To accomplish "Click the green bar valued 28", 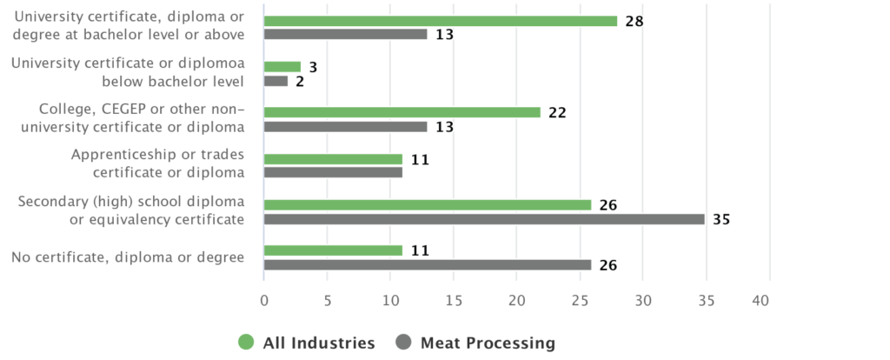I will point(440,21).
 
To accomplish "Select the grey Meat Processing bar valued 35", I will point(483,219).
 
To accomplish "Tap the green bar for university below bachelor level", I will point(282,67).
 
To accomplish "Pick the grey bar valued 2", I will point(276,81).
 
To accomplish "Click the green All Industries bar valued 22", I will point(402,112).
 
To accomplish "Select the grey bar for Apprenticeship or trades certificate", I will point(333,172).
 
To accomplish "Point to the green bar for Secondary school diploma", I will point(427,205).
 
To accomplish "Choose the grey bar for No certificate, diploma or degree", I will point(427,264).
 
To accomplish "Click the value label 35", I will point(721,219).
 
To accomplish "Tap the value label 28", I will point(634,21).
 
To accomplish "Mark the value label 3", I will point(313,67).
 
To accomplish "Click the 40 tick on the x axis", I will point(760,300).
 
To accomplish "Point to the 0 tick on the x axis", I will point(263,300).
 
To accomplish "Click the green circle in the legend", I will point(246,343).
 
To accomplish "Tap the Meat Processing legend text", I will point(487,343).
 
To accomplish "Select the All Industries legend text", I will point(320,343).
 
